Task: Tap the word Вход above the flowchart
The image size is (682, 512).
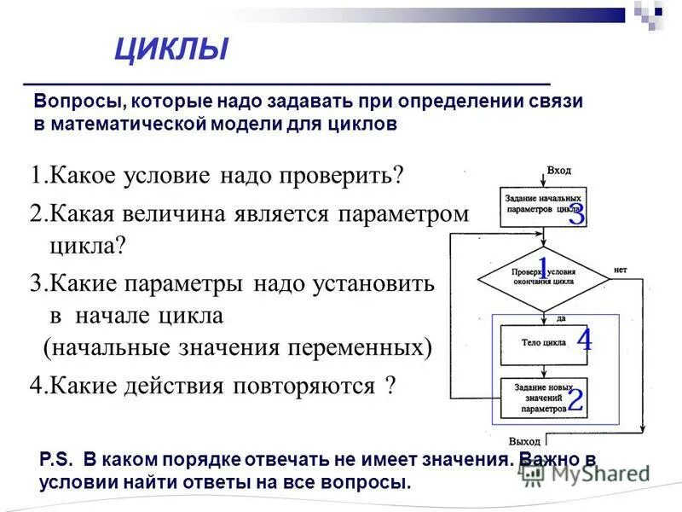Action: pos(558,171)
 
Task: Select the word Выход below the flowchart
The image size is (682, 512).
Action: pos(548,442)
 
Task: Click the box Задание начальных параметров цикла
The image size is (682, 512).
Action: pos(542,202)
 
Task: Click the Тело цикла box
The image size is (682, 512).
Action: pos(542,343)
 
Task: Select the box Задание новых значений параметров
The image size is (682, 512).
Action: pos(542,398)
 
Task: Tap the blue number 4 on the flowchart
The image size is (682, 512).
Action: pos(584,340)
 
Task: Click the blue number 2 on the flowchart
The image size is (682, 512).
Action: pos(575,399)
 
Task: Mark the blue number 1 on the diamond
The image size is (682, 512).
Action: pos(542,265)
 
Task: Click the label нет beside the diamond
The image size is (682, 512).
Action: pos(620,270)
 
